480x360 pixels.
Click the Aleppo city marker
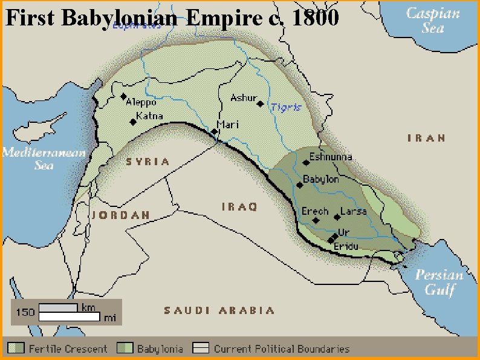[124, 96]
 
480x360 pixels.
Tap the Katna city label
[148, 116]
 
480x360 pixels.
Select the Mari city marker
[214, 131]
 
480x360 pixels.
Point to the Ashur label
[244, 97]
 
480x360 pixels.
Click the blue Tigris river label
[285, 106]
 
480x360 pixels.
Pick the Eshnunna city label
[330, 157]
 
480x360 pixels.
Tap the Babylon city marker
[300, 185]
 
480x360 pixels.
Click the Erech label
[314, 212]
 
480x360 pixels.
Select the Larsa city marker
[337, 217]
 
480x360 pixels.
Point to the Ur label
[344, 232]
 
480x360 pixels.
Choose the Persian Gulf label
[439, 282]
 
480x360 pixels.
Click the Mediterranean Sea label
[44, 158]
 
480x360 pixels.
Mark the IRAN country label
[427, 138]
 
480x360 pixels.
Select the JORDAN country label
[121, 215]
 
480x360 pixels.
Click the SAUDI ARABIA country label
[219, 310]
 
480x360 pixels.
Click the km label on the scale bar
[88, 307]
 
